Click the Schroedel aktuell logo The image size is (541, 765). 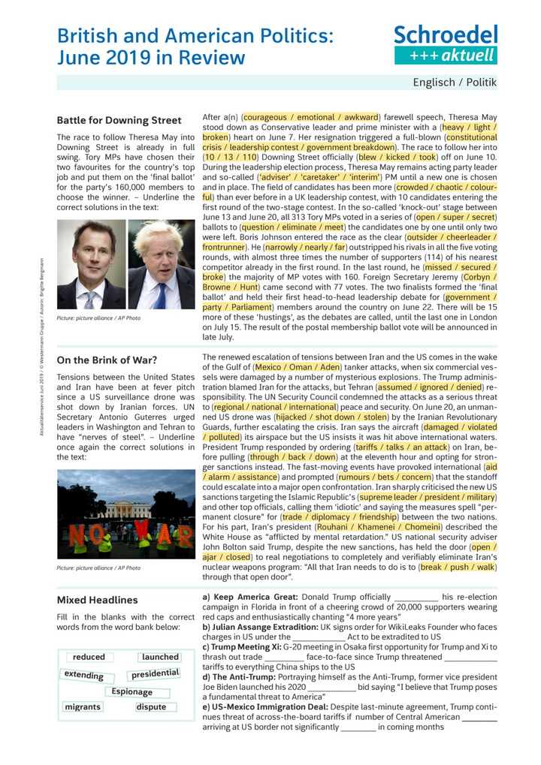click(x=446, y=44)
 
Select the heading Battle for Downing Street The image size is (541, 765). click(x=119, y=120)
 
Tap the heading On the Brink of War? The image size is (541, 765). click(x=107, y=360)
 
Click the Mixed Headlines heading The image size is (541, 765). click(x=98, y=600)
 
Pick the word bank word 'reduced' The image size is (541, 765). click(x=89, y=657)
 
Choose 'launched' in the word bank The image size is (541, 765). click(x=160, y=657)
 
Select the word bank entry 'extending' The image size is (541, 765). click(x=84, y=675)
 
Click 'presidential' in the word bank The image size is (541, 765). click(x=155, y=673)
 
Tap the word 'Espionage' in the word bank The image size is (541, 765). click(x=131, y=691)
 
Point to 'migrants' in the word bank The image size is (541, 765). click(x=83, y=707)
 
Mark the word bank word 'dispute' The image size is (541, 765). click(x=152, y=707)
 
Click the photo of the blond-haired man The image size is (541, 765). click(x=162, y=265)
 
